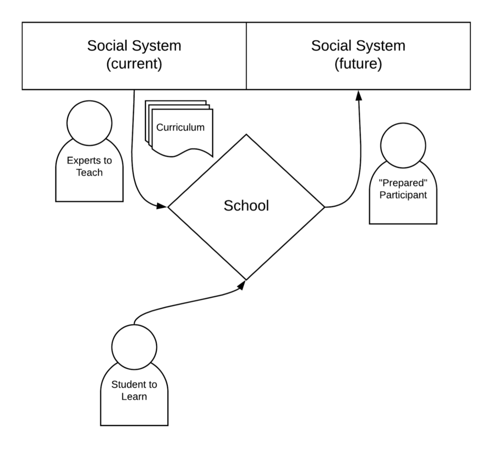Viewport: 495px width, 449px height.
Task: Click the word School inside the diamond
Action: [246, 206]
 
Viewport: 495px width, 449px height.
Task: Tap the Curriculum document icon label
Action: [180, 127]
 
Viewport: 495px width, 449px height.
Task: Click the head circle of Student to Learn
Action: [134, 346]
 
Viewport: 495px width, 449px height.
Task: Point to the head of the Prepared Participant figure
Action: [403, 145]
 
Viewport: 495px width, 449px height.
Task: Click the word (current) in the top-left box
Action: [134, 64]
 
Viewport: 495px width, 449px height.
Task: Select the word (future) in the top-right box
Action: [358, 64]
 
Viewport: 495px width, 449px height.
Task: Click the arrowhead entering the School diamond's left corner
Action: [162, 207]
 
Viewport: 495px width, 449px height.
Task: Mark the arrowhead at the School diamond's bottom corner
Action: [242, 285]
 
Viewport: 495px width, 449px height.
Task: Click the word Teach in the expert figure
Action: [89, 172]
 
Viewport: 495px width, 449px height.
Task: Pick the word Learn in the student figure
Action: [134, 397]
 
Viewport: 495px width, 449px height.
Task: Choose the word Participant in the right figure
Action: [403, 196]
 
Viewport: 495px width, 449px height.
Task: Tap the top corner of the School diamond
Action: [247, 135]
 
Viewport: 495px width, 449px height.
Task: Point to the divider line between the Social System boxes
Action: [247, 56]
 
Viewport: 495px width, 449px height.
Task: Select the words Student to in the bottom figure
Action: [134, 385]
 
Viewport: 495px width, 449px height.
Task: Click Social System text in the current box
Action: [134, 46]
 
